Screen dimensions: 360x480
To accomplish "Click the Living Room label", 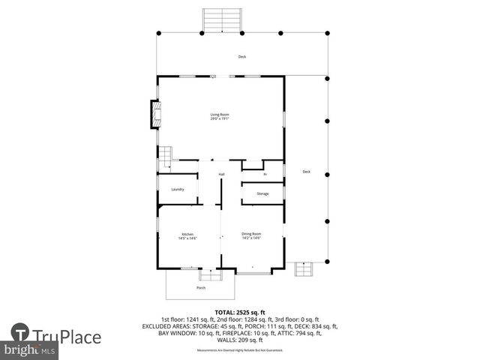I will click(x=219, y=114).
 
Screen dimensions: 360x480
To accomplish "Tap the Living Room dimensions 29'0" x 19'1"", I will click(x=219, y=118).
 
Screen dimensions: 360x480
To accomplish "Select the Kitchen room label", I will click(x=187, y=234).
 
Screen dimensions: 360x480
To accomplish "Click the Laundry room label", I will click(x=178, y=189).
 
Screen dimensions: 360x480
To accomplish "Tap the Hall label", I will click(x=221, y=175).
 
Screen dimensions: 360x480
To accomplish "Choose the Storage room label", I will click(x=262, y=193).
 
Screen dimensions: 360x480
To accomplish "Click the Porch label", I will click(x=201, y=288).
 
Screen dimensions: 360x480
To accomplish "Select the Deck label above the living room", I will click(x=241, y=57).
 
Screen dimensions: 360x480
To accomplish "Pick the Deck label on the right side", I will click(x=306, y=172).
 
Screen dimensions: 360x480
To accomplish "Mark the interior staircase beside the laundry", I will click(x=163, y=158).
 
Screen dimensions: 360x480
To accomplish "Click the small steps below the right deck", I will click(x=304, y=269).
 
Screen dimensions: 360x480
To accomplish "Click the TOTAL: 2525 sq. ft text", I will click(x=240, y=312).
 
